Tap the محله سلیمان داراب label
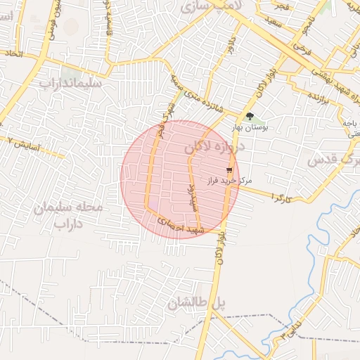click(x=68, y=216)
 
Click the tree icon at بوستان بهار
click(x=250, y=116)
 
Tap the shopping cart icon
click(x=229, y=169)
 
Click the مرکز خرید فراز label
click(x=229, y=181)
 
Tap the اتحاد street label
click(x=13, y=53)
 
